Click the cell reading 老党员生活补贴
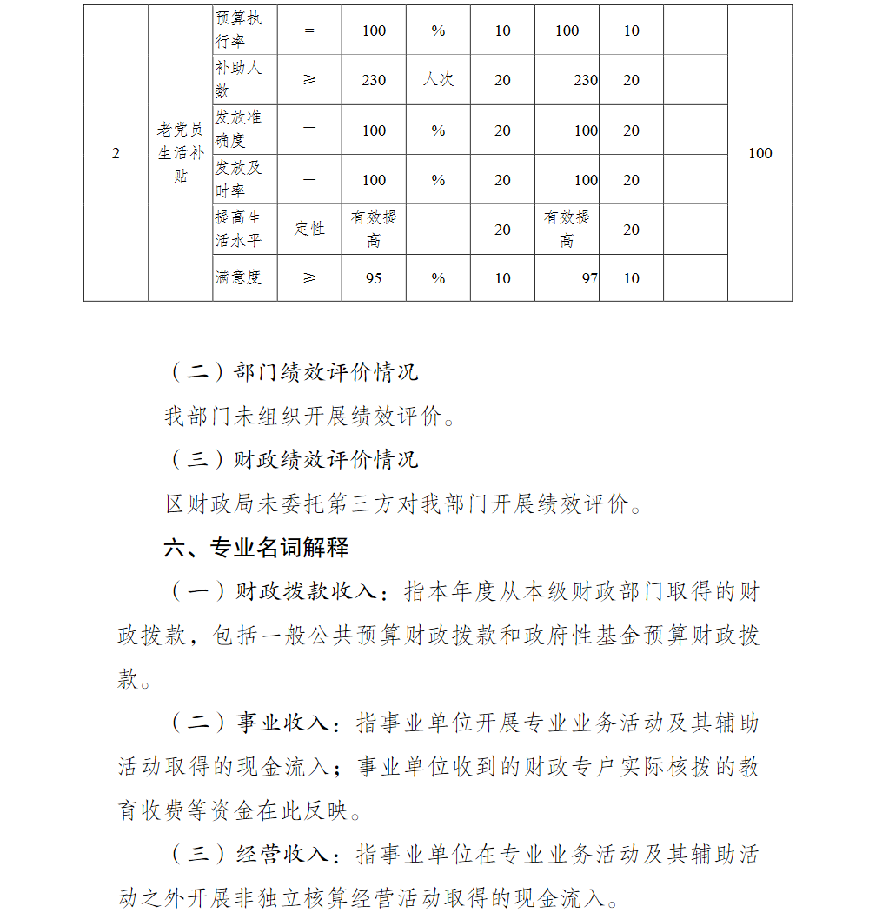[x=180, y=153]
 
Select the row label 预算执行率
[x=237, y=30]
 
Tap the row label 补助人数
[x=237, y=79]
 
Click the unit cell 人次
[x=438, y=79]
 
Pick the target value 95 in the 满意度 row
[x=374, y=278]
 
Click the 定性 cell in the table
[x=309, y=229]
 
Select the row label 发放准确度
[x=237, y=129]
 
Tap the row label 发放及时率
[x=237, y=179]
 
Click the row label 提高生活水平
[x=237, y=229]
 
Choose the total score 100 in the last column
[x=760, y=153]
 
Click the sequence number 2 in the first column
[x=116, y=153]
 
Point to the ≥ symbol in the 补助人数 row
[x=309, y=79]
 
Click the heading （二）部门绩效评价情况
[x=292, y=372]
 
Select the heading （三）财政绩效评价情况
[x=292, y=459]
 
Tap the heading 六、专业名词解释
[x=256, y=547]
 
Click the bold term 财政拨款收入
[x=306, y=592]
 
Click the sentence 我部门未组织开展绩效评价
[x=308, y=417]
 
